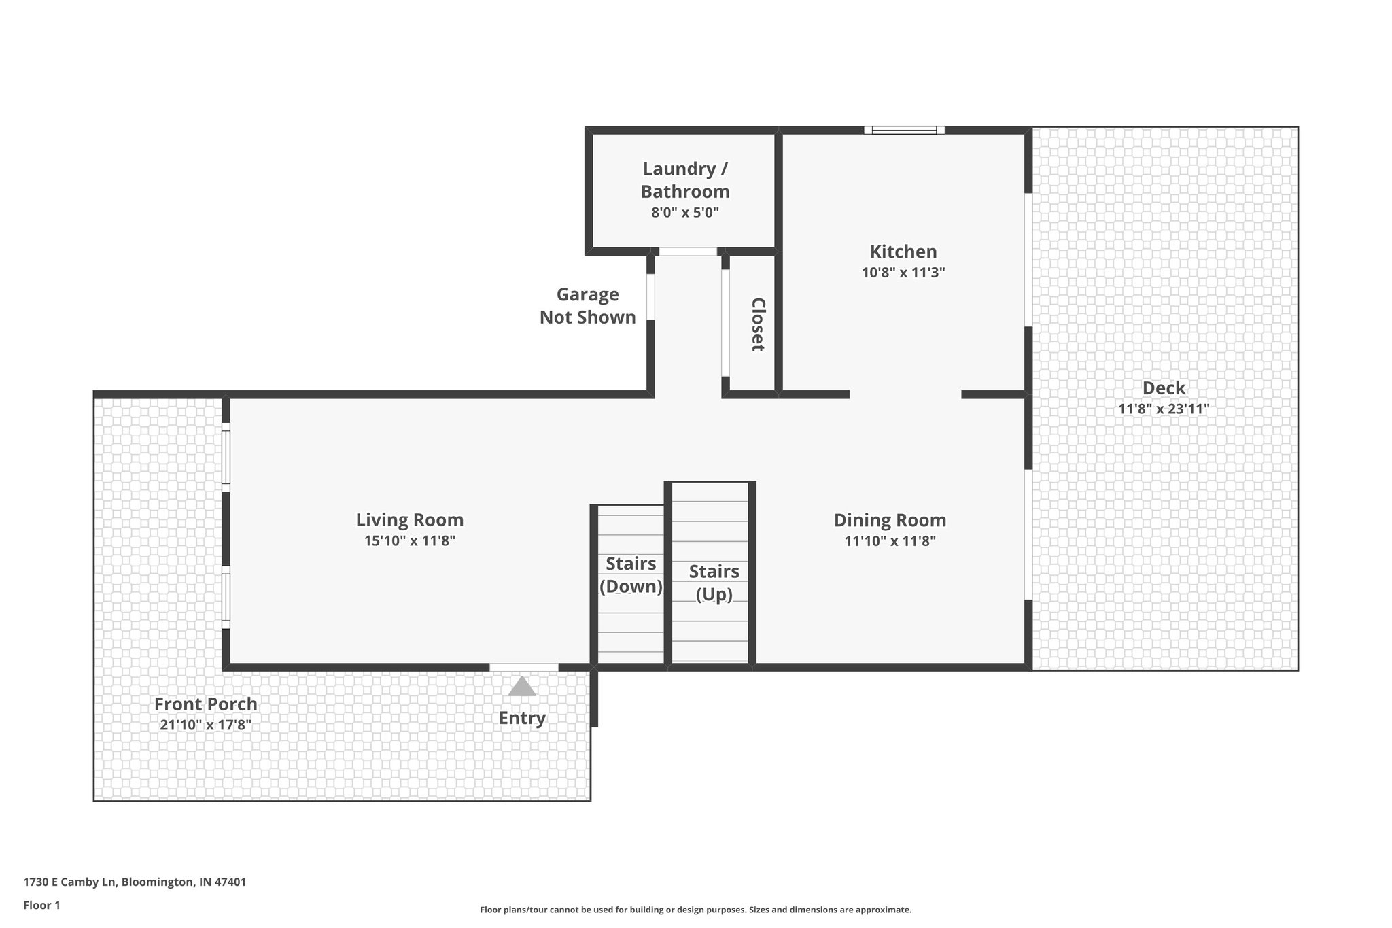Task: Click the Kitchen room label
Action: point(903,252)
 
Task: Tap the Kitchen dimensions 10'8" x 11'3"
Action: point(903,273)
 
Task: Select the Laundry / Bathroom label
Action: point(685,180)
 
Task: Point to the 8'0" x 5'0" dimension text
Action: point(685,212)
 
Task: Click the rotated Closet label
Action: point(758,324)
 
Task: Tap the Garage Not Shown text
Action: point(588,306)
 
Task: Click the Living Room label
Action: point(410,520)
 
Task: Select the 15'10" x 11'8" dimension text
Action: point(410,541)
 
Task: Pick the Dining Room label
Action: point(890,520)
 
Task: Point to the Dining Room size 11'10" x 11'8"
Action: point(890,541)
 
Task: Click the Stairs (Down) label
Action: point(631,575)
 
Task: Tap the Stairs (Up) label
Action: point(714,583)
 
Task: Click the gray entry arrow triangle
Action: point(522,687)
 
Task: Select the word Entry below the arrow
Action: point(522,718)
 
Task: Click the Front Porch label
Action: point(206,704)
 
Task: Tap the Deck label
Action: point(1164,388)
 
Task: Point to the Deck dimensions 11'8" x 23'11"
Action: point(1164,409)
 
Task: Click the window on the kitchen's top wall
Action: point(904,130)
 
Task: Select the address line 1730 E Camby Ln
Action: point(135,882)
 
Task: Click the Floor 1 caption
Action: point(42,905)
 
